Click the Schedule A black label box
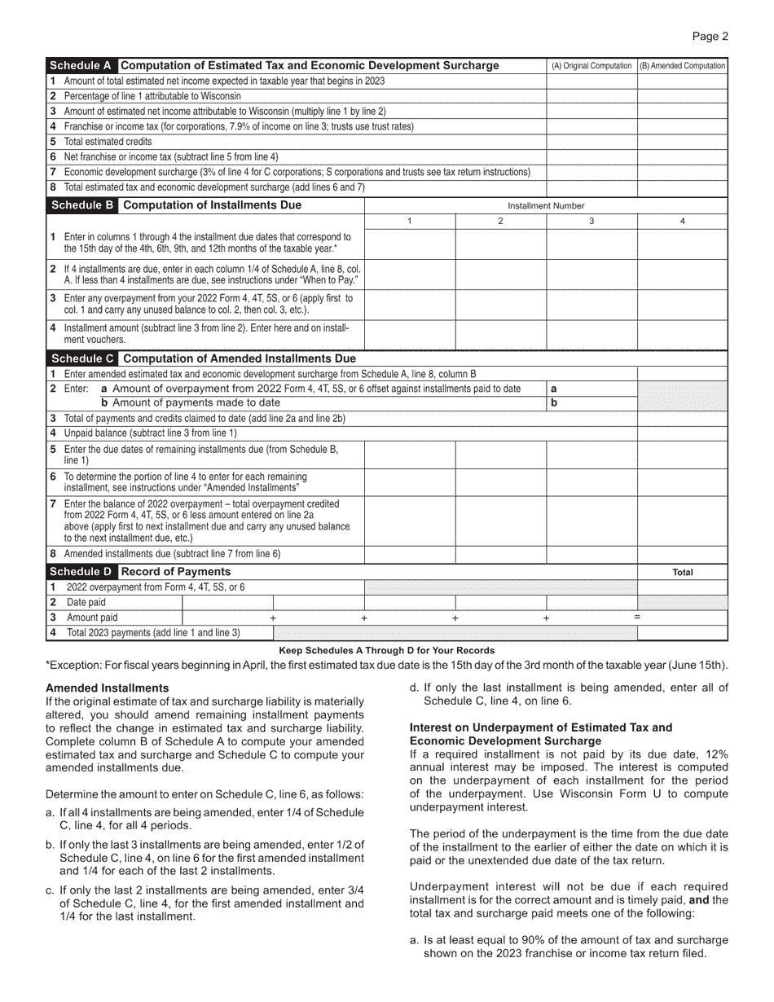pyautogui.click(x=82, y=66)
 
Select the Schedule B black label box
pyautogui.click(x=82, y=205)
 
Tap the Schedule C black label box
pyautogui.click(x=82, y=358)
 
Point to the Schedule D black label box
pyautogui.click(x=82, y=572)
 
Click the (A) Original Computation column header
pyautogui.click(x=591, y=66)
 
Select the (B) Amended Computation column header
pyautogui.click(x=683, y=66)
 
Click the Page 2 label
pyautogui.click(x=710, y=36)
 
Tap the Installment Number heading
pyautogui.click(x=546, y=206)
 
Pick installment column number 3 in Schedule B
pyautogui.click(x=591, y=222)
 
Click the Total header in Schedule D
pyautogui.click(x=683, y=573)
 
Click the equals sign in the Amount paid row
pyautogui.click(x=637, y=617)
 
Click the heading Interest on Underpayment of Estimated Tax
pyautogui.click(x=541, y=727)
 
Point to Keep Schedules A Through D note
pyautogui.click(x=386, y=650)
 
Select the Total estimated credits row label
pyautogui.click(x=108, y=141)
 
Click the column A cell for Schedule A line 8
pyautogui.click(x=591, y=187)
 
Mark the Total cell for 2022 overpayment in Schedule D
pyautogui.click(x=683, y=587)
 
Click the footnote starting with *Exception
pyautogui.click(x=386, y=666)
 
